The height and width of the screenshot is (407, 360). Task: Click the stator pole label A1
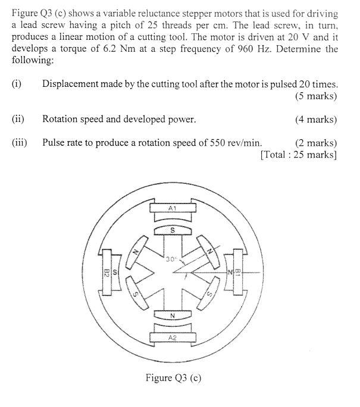click(x=173, y=209)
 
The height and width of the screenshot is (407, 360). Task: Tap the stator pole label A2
click(x=173, y=337)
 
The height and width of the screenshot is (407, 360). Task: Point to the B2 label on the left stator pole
click(x=107, y=274)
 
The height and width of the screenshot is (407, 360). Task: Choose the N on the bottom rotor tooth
click(x=173, y=316)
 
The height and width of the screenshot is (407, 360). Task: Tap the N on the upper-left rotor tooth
click(x=135, y=252)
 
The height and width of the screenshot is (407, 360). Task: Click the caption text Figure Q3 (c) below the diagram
click(x=173, y=377)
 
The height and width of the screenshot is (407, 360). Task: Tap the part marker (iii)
click(x=21, y=143)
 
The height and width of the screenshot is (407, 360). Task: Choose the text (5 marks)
click(x=315, y=96)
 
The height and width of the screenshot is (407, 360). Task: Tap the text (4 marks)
click(x=315, y=119)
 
